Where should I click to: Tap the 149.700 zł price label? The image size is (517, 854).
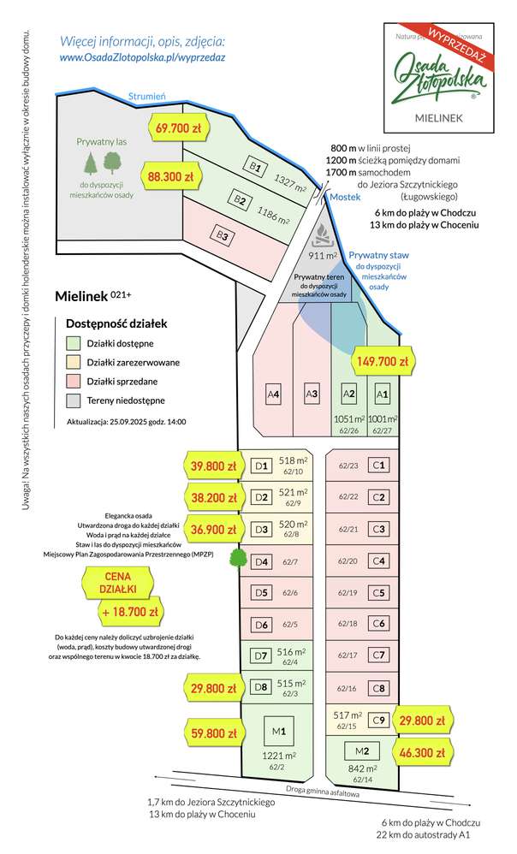point(383,361)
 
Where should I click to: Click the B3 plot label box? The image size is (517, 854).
point(222,234)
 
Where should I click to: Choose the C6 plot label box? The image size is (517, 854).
point(378,624)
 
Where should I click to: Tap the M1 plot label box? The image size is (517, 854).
point(279,730)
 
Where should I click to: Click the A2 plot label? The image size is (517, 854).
point(348,394)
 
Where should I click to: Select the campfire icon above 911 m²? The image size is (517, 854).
point(319,234)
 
